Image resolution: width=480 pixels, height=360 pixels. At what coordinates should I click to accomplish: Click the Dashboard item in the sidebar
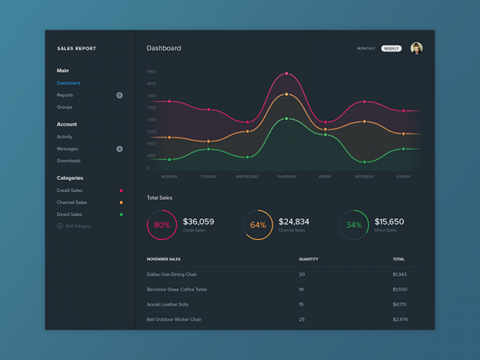[x=68, y=83]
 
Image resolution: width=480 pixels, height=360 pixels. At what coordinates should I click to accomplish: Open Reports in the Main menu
[x=65, y=95]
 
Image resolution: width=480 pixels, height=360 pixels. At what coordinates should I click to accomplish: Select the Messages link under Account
[x=67, y=149]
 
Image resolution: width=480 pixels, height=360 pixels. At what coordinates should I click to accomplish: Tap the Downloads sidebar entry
[x=68, y=161]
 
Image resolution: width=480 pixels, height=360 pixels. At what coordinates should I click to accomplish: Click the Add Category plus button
[x=60, y=226]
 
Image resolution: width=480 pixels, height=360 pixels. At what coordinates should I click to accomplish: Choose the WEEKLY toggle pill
[x=391, y=49]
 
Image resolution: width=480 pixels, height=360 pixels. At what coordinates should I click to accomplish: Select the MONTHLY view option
[x=366, y=49]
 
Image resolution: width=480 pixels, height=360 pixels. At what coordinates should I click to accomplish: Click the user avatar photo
[x=416, y=48]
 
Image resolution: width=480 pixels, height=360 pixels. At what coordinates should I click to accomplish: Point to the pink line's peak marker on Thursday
[x=286, y=74]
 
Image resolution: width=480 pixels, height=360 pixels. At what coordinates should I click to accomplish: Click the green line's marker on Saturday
[x=365, y=162]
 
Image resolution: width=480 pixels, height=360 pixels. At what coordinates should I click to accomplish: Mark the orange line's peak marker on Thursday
[x=286, y=94]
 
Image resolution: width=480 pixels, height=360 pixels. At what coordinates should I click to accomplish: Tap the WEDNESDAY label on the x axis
[x=247, y=176]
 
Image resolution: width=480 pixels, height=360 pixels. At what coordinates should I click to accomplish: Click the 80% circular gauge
[x=162, y=225]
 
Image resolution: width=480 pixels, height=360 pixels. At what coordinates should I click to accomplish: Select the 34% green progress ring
[x=354, y=225]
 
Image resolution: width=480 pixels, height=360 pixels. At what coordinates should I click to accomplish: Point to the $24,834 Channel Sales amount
[x=294, y=222]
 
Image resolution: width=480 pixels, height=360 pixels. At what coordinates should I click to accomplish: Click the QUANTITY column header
[x=308, y=259]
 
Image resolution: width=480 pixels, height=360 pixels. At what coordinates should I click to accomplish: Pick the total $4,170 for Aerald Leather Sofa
[x=399, y=304]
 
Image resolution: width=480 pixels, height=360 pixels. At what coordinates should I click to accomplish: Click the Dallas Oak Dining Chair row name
[x=172, y=274]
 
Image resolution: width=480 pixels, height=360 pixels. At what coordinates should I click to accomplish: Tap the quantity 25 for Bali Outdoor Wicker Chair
[x=302, y=319]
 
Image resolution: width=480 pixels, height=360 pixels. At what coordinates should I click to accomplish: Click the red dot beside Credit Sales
[x=121, y=190]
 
